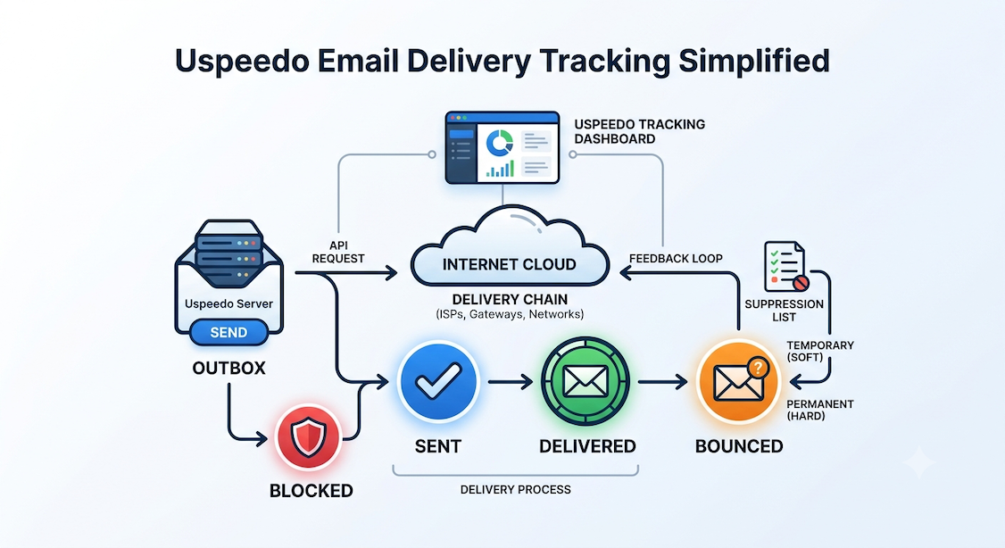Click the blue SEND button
point(228,333)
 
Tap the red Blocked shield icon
point(308,438)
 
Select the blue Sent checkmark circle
point(438,381)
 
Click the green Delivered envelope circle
point(586,382)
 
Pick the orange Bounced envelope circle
point(738,382)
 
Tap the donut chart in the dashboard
point(499,143)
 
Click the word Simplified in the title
point(754,62)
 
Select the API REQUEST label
point(338,252)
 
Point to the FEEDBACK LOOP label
point(676,258)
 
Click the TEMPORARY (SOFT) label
point(820,352)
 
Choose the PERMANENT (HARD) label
point(819,411)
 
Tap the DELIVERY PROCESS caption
point(515,490)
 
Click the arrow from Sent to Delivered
point(511,382)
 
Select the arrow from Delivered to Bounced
point(663,382)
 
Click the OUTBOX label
point(228,368)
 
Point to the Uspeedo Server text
point(228,303)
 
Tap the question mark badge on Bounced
point(758,368)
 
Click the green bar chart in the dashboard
point(500,169)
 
